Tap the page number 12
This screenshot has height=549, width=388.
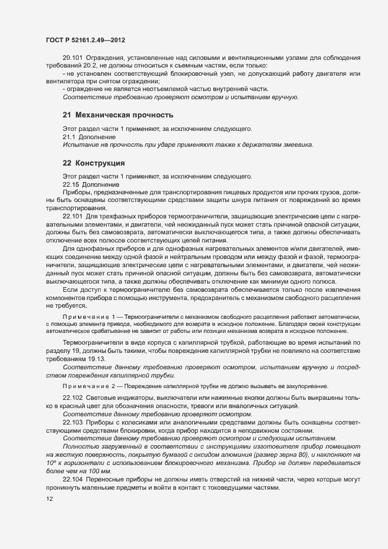(49, 499)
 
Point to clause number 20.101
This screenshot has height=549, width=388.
(73, 58)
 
